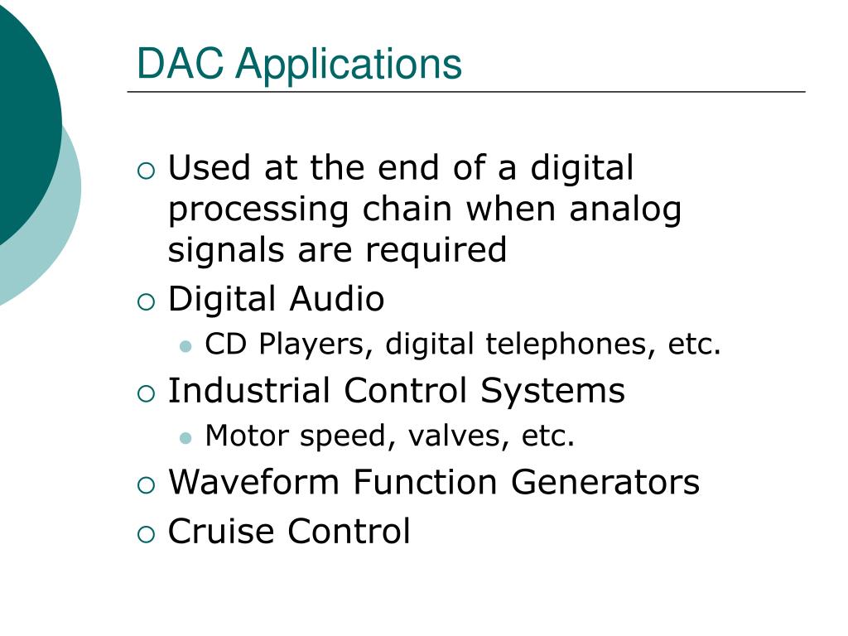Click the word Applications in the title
348,65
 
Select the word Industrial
249,390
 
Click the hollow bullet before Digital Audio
146,301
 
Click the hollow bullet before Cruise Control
146,533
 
